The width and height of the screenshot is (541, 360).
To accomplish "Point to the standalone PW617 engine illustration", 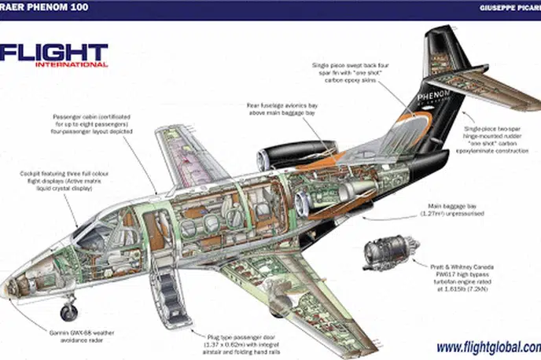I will [385, 253].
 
